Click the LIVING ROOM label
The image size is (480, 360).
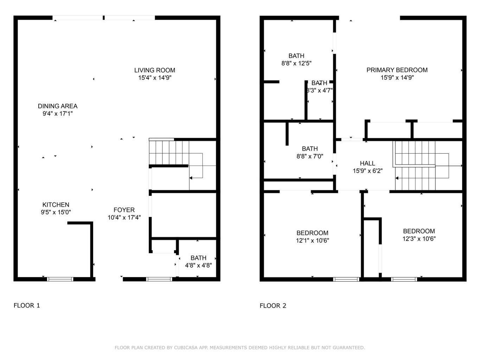[x=154, y=70]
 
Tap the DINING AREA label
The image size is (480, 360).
[x=58, y=106]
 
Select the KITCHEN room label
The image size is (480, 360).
[x=56, y=205]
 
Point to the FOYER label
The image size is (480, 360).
[x=124, y=210]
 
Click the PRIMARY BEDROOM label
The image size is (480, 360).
[x=397, y=70]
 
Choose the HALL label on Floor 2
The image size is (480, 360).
[x=367, y=163]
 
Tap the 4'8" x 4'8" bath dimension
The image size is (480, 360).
[x=198, y=265]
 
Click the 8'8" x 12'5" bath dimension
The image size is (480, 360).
[x=296, y=63]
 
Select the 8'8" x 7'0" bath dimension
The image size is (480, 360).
[x=310, y=156]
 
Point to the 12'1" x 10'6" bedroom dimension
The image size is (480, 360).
[x=312, y=240]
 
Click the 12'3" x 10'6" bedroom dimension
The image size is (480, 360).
[x=419, y=239]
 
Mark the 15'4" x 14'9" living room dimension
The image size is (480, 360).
[x=155, y=78]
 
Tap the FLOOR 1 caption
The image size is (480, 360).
[x=27, y=306]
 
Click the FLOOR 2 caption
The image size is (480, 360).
[x=273, y=306]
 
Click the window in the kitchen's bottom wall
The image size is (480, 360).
[x=60, y=279]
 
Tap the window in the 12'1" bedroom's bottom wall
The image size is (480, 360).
[x=346, y=279]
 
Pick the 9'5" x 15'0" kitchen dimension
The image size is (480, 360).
[x=56, y=212]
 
